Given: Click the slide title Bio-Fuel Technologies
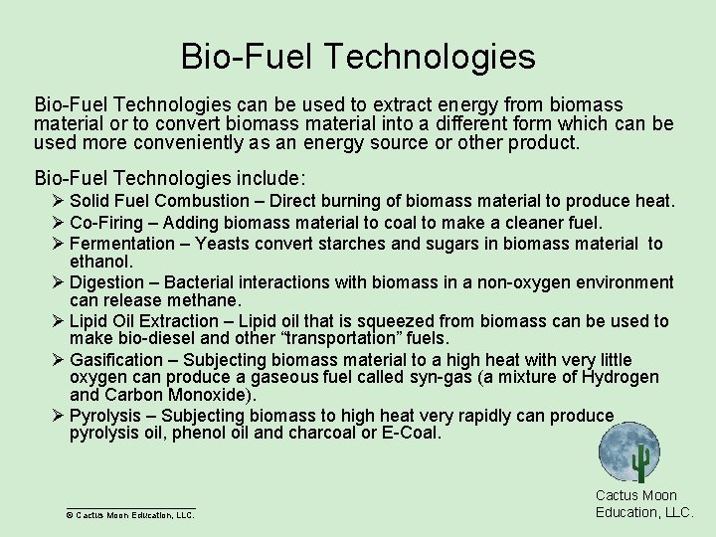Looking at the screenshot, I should click(358, 56).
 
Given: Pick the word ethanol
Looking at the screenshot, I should click(100, 262).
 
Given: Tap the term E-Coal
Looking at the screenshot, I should click(410, 434).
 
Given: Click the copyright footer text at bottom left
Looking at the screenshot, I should click(129, 515).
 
